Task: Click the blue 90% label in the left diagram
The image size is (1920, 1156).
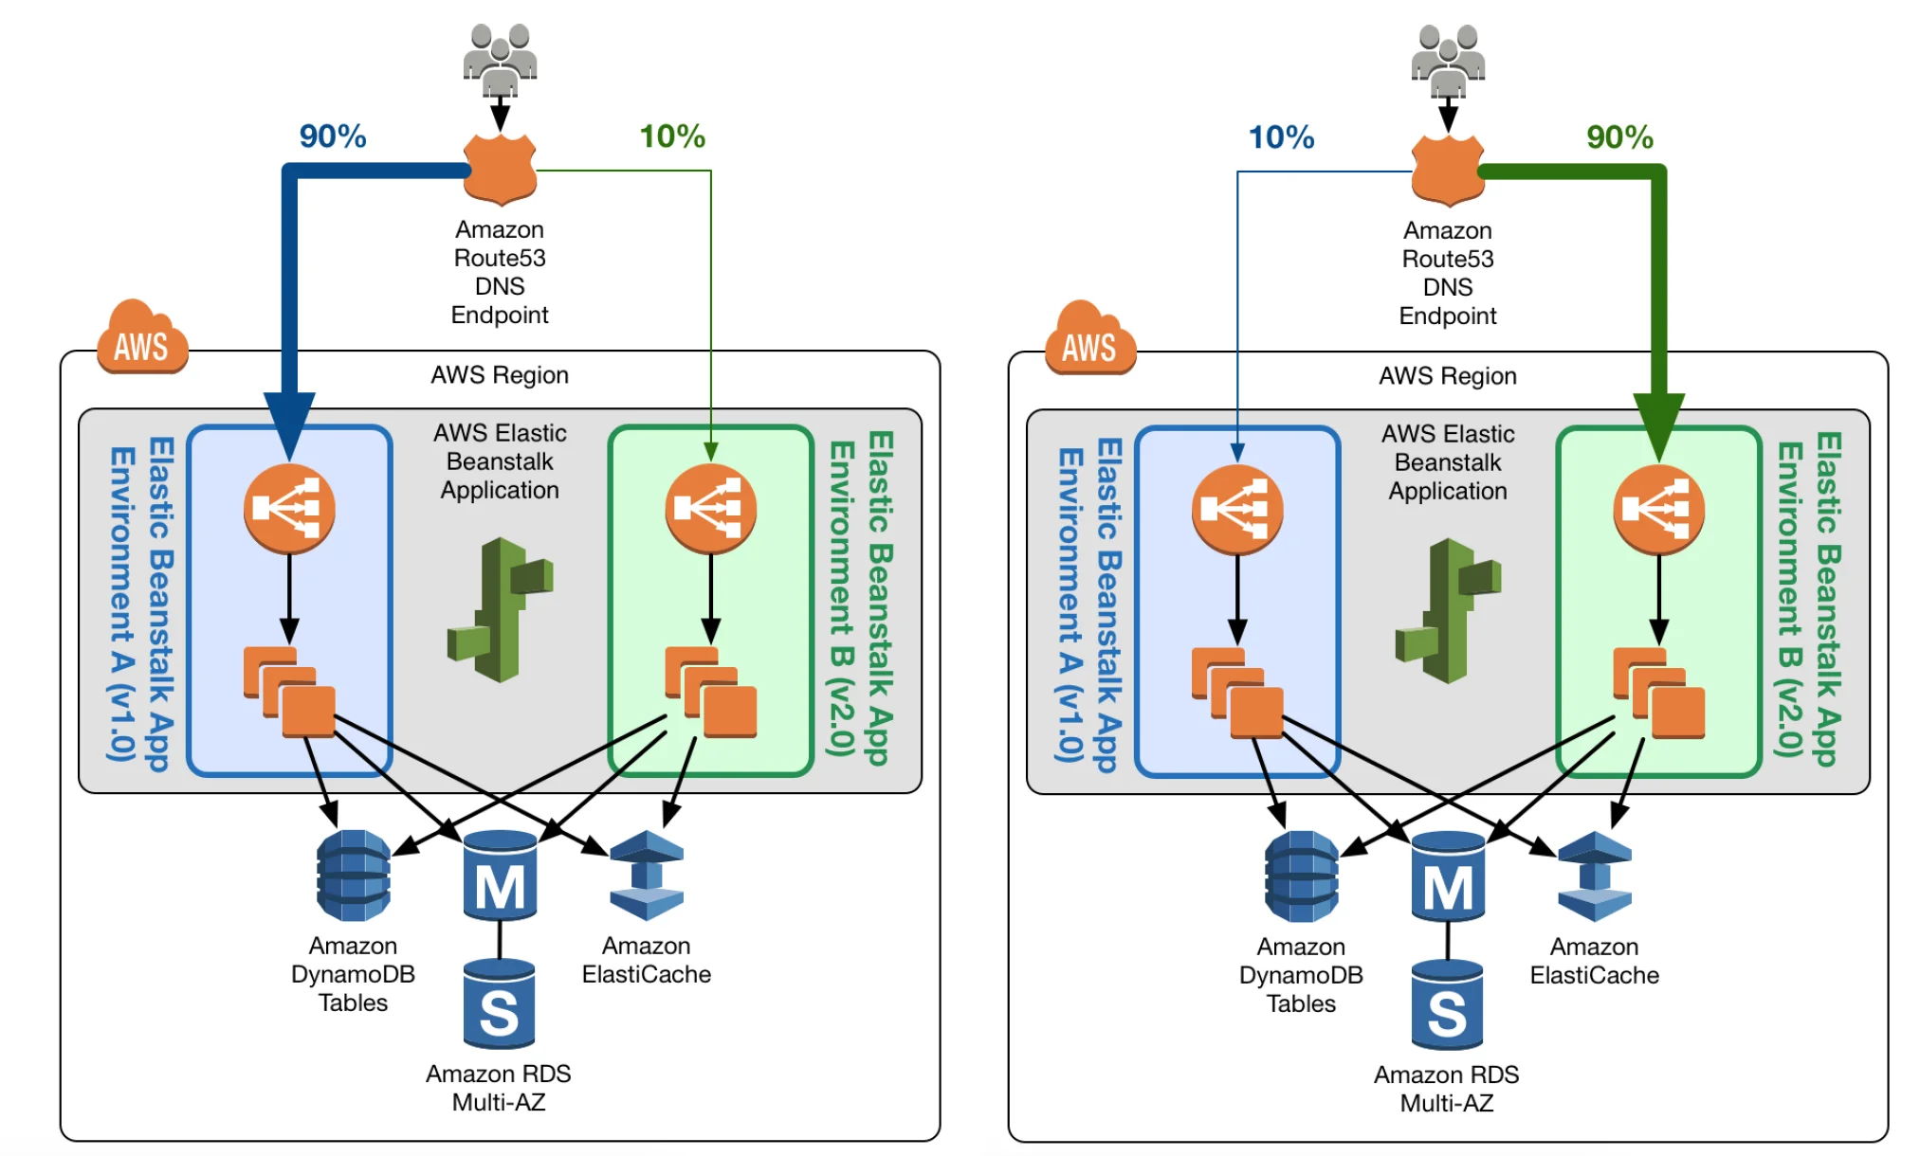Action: tap(332, 136)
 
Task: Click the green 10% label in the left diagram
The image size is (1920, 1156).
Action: tap(671, 136)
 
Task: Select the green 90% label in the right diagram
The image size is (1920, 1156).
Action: tap(1618, 137)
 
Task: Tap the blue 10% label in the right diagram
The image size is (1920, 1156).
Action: tap(1280, 137)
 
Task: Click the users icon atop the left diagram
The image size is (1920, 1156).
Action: tap(500, 59)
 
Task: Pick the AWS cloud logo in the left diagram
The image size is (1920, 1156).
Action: tap(142, 339)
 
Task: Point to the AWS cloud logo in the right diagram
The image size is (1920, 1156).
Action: tap(1089, 340)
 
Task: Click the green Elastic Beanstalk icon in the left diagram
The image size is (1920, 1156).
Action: tap(500, 610)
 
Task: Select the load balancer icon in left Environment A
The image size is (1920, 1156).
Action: tap(289, 509)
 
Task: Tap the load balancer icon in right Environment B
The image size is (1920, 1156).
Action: tap(1658, 510)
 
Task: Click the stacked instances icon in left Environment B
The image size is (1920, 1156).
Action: tap(710, 693)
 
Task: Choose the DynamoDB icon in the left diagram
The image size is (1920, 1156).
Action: tap(353, 876)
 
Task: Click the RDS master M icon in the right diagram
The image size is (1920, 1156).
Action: tap(1447, 876)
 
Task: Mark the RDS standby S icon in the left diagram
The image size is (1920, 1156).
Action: tap(499, 1004)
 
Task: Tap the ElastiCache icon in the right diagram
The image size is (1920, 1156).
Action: tap(1594, 876)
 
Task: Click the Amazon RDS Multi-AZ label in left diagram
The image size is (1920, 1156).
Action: tap(498, 1088)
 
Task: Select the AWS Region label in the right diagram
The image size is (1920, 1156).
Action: tap(1447, 376)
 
